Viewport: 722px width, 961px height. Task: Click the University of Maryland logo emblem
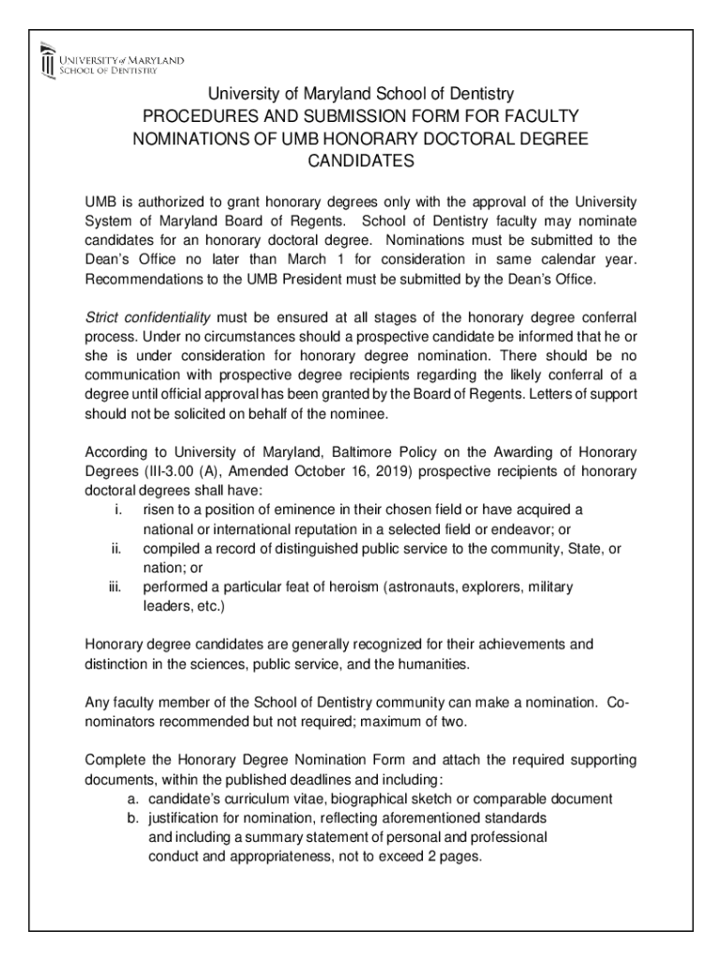tap(48, 64)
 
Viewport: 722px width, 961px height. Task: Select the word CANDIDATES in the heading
tap(361, 161)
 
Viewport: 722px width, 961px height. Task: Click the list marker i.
tap(117, 510)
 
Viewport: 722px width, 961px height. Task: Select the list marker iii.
tap(115, 587)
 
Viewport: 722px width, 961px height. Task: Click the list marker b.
tap(132, 818)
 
